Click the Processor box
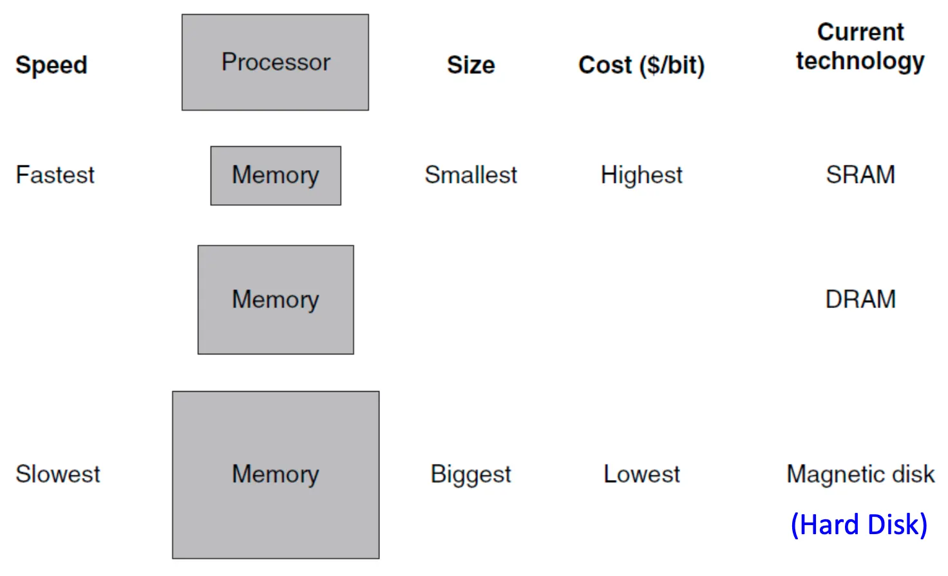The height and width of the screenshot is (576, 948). (275, 62)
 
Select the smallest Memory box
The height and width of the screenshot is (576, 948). (276, 175)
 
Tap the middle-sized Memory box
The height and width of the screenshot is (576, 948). (276, 300)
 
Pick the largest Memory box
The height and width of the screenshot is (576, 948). (276, 474)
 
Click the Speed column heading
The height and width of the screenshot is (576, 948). (52, 65)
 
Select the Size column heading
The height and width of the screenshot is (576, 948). (471, 65)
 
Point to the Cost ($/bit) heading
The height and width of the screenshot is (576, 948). (641, 65)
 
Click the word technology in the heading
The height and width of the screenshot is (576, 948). (860, 61)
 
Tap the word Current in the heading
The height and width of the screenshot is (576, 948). (860, 32)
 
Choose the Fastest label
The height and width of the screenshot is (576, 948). (55, 175)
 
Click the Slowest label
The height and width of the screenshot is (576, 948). (58, 474)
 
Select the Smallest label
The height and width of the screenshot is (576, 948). (471, 175)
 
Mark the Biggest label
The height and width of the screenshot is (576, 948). (471, 475)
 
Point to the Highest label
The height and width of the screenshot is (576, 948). (641, 175)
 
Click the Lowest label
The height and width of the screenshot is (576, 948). (641, 474)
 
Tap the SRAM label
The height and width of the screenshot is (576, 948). (860, 175)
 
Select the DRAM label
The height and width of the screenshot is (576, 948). (860, 300)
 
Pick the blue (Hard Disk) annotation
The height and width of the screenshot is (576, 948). (859, 524)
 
